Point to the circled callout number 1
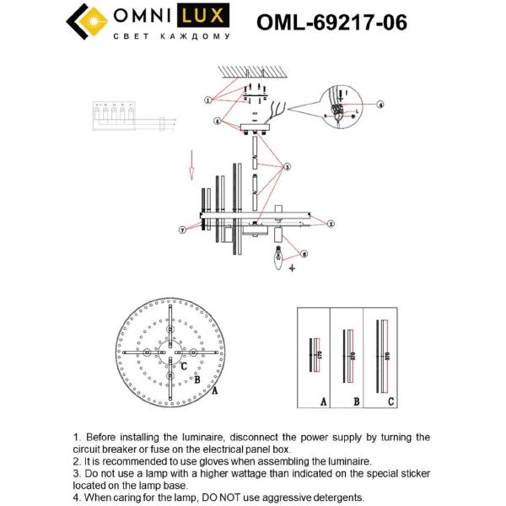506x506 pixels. (207, 100)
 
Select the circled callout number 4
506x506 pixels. (379, 104)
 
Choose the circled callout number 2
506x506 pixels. (331, 223)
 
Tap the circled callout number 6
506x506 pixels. (304, 253)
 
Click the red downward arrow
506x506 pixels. (191, 165)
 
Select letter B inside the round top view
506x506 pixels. (196, 380)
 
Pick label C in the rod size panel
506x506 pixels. (390, 401)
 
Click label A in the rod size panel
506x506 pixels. (323, 401)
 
